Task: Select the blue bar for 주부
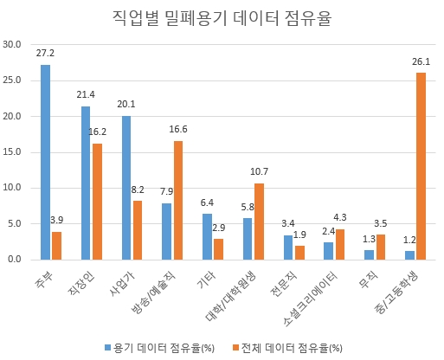click(x=45, y=162)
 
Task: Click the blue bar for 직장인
click(x=86, y=183)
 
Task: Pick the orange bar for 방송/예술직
click(x=178, y=200)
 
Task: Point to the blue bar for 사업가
click(x=126, y=187)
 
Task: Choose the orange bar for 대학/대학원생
click(x=260, y=221)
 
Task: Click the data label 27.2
click(x=45, y=54)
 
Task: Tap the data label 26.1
click(x=421, y=61)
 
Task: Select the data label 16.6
click(x=178, y=129)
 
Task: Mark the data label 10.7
click(x=260, y=171)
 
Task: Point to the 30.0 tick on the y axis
click(x=13, y=45)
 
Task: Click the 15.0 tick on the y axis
click(x=13, y=151)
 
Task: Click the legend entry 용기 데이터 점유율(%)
click(x=160, y=347)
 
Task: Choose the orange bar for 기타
click(x=219, y=248)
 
